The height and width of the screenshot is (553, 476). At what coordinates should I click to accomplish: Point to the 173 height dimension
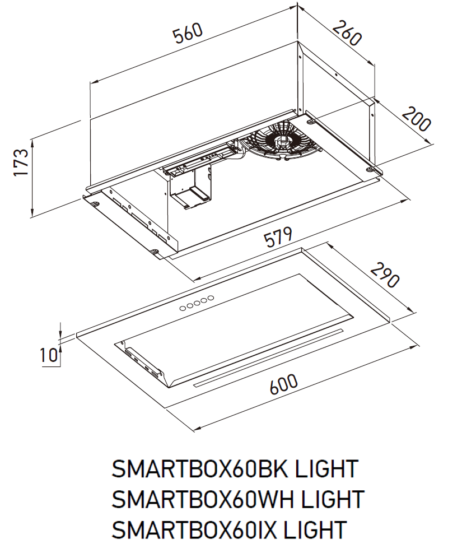(x=21, y=163)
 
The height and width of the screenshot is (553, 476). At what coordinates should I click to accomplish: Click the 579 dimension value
(x=278, y=239)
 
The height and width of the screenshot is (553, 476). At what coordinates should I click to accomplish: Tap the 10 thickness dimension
(x=49, y=355)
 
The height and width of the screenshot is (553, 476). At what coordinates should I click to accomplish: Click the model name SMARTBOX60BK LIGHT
(x=235, y=469)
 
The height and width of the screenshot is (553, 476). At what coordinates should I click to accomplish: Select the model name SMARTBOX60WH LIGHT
(x=238, y=499)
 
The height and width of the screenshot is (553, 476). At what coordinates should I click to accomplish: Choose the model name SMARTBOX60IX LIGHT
(x=229, y=529)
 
